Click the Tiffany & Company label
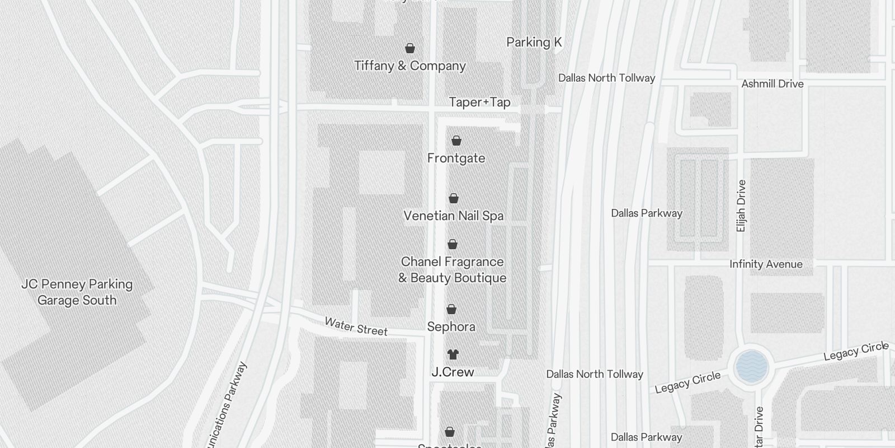coord(410,66)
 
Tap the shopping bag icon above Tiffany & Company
coord(410,48)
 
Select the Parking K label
coord(534,43)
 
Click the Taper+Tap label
coord(479,102)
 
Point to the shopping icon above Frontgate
coord(456,141)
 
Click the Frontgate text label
coord(456,158)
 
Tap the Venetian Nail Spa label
coord(453,216)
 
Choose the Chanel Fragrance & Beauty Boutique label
coord(452,270)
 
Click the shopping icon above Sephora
coord(451,309)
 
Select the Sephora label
coord(451,327)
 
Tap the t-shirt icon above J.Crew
coord(453,354)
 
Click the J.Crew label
coord(453,372)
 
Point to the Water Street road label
coord(356,326)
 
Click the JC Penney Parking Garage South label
coord(77,292)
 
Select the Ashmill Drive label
coord(772,84)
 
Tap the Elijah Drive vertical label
coord(741,206)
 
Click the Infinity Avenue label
coord(766,264)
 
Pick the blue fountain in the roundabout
coord(751,367)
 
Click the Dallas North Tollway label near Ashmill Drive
coord(606,78)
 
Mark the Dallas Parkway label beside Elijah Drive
coord(646,213)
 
